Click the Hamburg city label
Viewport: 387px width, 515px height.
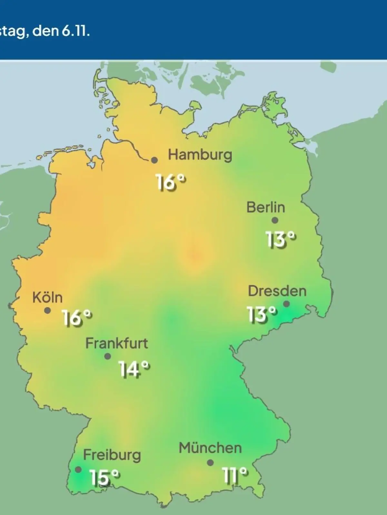pos(200,155)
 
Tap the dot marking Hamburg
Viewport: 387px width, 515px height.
pos(154,160)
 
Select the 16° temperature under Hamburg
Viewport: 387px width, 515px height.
pos(171,183)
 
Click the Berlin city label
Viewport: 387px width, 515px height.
pos(266,207)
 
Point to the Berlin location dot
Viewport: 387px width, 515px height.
pos(275,220)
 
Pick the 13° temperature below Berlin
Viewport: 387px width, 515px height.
pos(280,239)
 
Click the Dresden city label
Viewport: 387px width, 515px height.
pos(277,291)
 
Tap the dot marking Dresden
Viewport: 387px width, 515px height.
pos(286,304)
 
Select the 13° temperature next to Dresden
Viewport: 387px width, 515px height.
pos(262,314)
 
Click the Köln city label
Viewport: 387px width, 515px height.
pos(47,297)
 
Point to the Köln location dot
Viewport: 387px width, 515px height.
pos(47,311)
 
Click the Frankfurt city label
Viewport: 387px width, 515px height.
pos(116,343)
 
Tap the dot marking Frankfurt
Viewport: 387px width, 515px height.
pos(108,356)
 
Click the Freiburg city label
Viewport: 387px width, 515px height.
pos(112,455)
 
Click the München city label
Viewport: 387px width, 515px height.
pos(210,448)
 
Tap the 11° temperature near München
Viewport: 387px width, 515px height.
pos(235,475)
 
